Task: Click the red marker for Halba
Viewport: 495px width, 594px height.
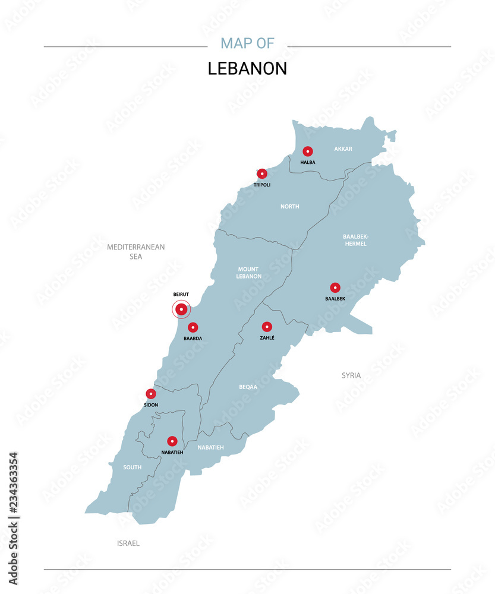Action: click(x=308, y=151)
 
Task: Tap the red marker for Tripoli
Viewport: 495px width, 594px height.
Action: click(x=262, y=173)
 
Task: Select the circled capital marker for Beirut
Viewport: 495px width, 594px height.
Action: click(x=181, y=309)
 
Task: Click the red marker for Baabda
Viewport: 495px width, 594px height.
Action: click(x=193, y=327)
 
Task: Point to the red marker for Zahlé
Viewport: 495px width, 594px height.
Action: click(x=267, y=327)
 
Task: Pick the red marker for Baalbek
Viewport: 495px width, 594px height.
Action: click(x=335, y=287)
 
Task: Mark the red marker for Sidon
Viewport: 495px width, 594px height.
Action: click(x=151, y=394)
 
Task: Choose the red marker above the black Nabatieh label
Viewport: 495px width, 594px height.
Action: click(x=172, y=441)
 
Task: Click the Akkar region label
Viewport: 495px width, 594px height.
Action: click(x=343, y=148)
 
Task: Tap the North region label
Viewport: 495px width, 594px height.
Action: click(x=290, y=207)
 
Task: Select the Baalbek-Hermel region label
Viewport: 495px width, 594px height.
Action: click(x=355, y=240)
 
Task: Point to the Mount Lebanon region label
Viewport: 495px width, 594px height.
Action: click(x=249, y=273)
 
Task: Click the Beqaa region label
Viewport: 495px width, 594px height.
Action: click(x=248, y=387)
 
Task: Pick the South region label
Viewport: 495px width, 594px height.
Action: click(x=132, y=467)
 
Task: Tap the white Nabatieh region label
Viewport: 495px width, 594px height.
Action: click(x=211, y=447)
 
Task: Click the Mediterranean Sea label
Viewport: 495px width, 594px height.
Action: click(x=136, y=252)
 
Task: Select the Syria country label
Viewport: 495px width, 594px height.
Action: click(x=351, y=375)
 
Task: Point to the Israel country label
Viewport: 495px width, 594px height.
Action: click(x=128, y=543)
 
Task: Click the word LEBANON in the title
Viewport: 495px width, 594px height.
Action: click(x=247, y=69)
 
